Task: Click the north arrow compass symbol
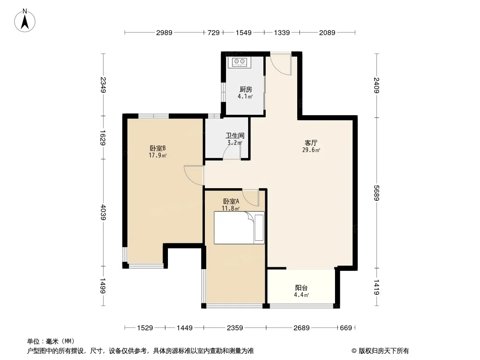pyautogui.click(x=25, y=21)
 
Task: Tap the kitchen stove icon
pyautogui.click(x=239, y=62)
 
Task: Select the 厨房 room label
pyautogui.click(x=246, y=89)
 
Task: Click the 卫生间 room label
pyautogui.click(x=235, y=135)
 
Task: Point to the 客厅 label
pyautogui.click(x=311, y=143)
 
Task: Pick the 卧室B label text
pyautogui.click(x=158, y=148)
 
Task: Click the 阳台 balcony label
pyautogui.click(x=301, y=288)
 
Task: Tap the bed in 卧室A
pyautogui.click(x=239, y=228)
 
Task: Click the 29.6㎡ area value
pyautogui.click(x=311, y=150)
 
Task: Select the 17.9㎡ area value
pyautogui.click(x=158, y=155)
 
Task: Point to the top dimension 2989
pyautogui.click(x=164, y=32)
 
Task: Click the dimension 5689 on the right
pyautogui.click(x=376, y=193)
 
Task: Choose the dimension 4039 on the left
pyautogui.click(x=104, y=212)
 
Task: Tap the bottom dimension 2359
pyautogui.click(x=235, y=328)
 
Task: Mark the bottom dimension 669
pyautogui.click(x=346, y=328)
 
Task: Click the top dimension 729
pyautogui.click(x=214, y=32)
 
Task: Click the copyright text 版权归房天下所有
pyautogui.click(x=383, y=351)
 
